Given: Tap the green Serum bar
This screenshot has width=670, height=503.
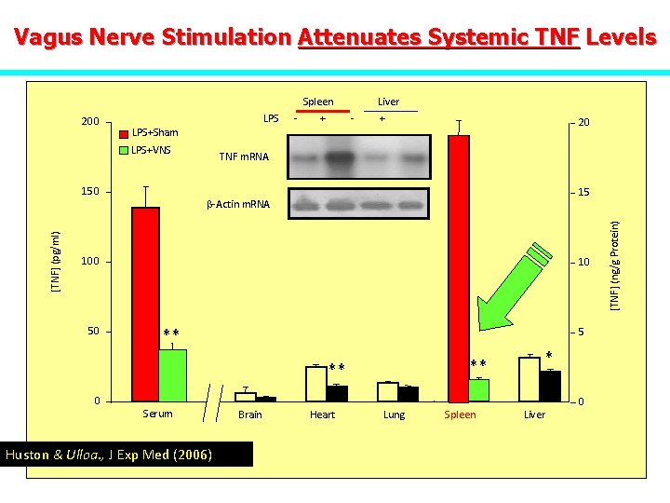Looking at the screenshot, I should (x=172, y=374).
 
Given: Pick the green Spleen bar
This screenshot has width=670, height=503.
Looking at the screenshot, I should (x=478, y=390).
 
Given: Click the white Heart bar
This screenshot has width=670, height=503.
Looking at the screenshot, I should (x=316, y=383).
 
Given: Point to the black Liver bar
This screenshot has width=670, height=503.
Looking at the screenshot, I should (x=550, y=386).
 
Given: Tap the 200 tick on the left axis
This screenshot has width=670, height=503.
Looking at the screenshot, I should (x=90, y=122).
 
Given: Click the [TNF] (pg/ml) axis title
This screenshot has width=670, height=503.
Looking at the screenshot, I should (x=57, y=262).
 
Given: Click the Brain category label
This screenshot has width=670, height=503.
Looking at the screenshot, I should (x=250, y=415).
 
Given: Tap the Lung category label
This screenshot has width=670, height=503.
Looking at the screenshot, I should (x=394, y=415).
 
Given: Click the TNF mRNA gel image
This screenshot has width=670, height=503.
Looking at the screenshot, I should (x=359, y=156).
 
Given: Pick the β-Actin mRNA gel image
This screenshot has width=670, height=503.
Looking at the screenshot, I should (x=359, y=203).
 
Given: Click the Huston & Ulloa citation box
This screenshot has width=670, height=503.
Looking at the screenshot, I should (x=109, y=455).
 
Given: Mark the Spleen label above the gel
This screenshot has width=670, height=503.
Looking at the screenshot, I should (x=318, y=102).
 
